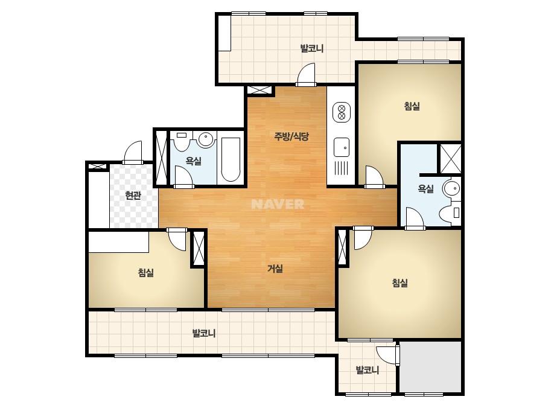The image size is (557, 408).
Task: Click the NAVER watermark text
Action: [x=278, y=204]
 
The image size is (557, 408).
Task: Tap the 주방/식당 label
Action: [x=291, y=136]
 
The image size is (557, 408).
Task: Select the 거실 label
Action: [x=275, y=269]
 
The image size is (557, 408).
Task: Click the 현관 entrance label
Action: [x=133, y=195]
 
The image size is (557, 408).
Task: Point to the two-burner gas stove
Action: [x=342, y=112]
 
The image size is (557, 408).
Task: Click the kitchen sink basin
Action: [x=342, y=147]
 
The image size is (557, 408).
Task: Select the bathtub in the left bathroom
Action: [x=230, y=159]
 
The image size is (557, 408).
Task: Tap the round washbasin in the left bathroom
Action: [x=205, y=139]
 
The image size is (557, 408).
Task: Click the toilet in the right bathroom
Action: [x=450, y=213]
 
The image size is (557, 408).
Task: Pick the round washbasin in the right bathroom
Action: [x=451, y=188]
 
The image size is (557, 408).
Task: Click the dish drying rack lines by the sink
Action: [x=341, y=168]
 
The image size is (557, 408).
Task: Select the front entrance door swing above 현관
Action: [x=133, y=152]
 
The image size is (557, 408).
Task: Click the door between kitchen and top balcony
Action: [x=306, y=75]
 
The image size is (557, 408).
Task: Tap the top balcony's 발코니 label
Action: [x=312, y=48]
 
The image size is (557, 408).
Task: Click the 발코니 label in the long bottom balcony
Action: [x=204, y=333]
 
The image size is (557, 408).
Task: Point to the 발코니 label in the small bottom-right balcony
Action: [x=368, y=370]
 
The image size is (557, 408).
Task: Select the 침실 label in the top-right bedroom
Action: [x=412, y=106]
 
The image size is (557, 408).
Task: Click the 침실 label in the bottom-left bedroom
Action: [x=146, y=273]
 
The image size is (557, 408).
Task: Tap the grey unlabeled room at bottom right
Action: [x=430, y=366]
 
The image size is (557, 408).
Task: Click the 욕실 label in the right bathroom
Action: [x=425, y=188]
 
